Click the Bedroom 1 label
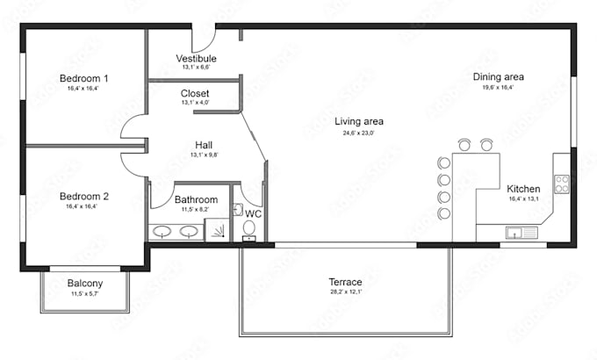(x=84, y=78)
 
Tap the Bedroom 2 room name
(x=84, y=197)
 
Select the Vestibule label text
(x=196, y=58)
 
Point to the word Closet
(x=195, y=93)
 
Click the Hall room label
(x=204, y=145)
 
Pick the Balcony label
(x=85, y=284)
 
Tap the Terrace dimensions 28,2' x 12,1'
(x=346, y=292)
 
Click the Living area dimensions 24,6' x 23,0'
(x=359, y=133)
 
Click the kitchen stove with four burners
(x=561, y=184)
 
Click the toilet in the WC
(x=249, y=229)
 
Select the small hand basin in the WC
(x=238, y=210)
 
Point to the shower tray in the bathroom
(x=217, y=230)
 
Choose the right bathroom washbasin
(x=189, y=232)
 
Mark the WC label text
(x=253, y=213)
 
